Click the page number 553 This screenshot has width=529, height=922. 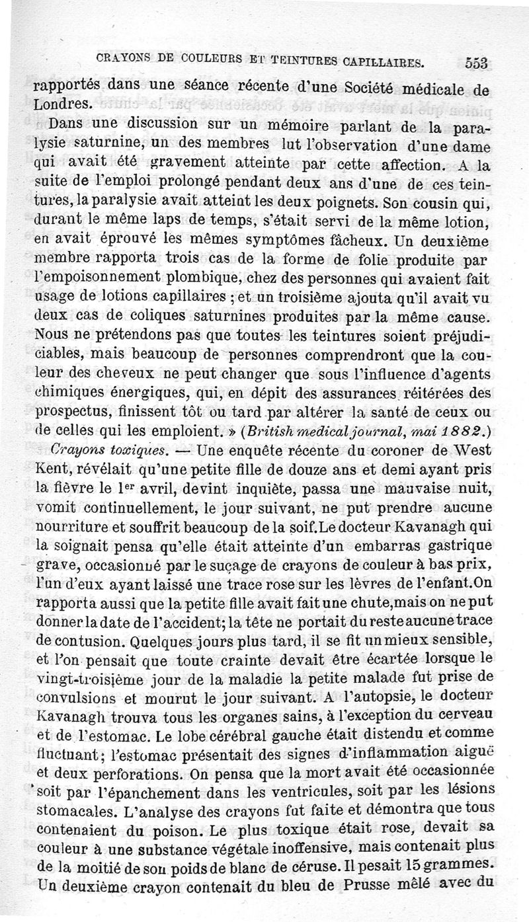[x=475, y=62]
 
